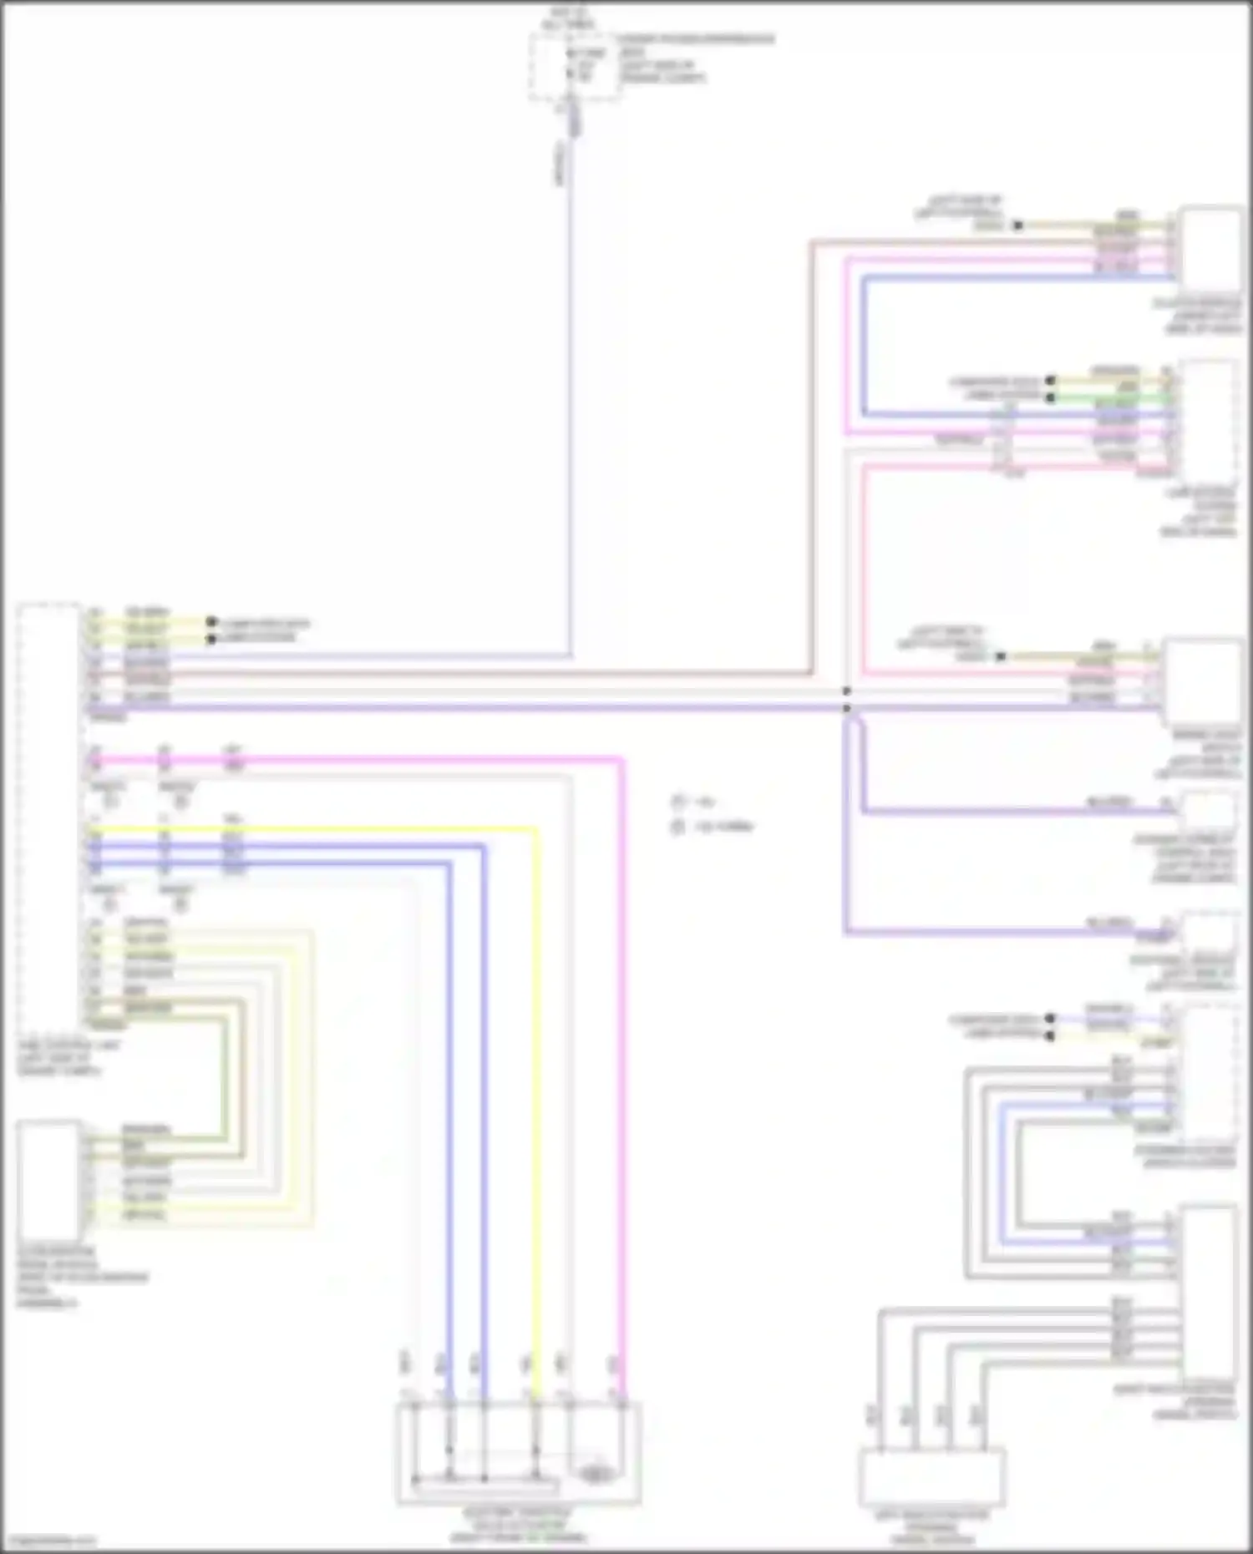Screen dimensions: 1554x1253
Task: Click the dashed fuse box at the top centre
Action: point(574,67)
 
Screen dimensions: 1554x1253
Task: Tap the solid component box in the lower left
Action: point(49,1181)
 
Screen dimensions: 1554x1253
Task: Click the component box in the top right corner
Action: point(1210,248)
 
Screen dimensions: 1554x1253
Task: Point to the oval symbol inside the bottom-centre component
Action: point(595,1475)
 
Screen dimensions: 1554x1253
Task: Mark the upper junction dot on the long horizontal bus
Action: point(846,691)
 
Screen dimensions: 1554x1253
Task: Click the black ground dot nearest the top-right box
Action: point(1017,225)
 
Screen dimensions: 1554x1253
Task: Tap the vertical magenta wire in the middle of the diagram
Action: point(622,1086)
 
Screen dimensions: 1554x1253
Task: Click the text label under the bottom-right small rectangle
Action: point(931,1527)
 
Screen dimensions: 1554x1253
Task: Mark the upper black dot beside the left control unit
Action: point(211,622)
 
